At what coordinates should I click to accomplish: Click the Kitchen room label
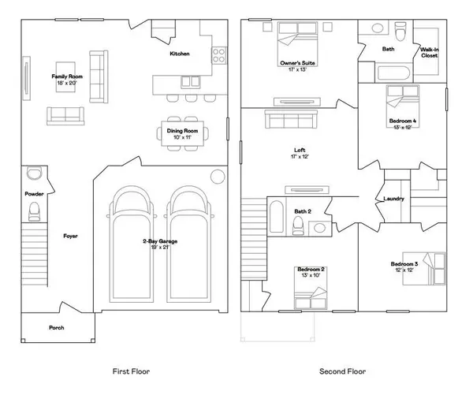coord(180,54)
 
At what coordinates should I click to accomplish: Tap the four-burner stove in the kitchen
coord(219,55)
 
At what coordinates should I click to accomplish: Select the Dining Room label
coord(182,131)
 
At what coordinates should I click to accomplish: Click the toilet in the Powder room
coord(34,211)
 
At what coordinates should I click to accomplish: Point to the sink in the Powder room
coord(35,173)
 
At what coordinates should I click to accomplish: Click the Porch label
coord(57,328)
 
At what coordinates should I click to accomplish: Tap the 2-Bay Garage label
coord(160,241)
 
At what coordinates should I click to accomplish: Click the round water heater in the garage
coord(218,177)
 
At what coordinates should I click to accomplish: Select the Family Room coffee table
coord(65,76)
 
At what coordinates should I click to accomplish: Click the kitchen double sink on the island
coord(190,82)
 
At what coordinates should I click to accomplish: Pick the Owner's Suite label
coord(297,63)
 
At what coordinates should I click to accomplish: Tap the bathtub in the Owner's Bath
coord(393,73)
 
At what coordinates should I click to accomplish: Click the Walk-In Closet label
coord(430,53)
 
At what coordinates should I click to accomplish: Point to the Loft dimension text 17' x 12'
coord(300,157)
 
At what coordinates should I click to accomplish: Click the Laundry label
coord(393,199)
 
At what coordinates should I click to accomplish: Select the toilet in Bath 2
coord(298,225)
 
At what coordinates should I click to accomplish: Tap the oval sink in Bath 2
coord(319,228)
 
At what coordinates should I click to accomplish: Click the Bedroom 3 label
coord(404,264)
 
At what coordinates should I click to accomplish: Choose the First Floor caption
coord(131,371)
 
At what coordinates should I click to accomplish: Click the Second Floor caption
coord(343,371)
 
